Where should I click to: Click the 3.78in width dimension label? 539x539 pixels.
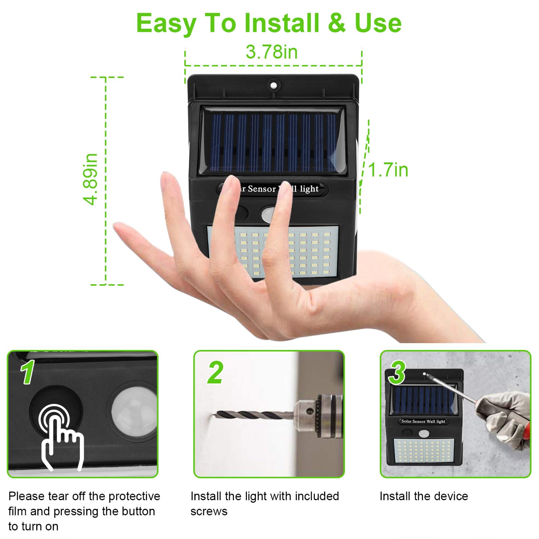[272, 52]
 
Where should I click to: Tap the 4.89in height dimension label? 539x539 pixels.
[90, 179]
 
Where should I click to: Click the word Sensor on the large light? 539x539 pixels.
[262, 189]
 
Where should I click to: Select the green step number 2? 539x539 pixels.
[215, 372]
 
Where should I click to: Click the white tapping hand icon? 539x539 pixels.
[61, 437]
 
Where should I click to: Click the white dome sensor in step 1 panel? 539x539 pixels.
[134, 411]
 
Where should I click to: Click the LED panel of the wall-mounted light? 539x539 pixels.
[423, 451]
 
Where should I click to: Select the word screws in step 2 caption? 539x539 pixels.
[209, 512]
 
